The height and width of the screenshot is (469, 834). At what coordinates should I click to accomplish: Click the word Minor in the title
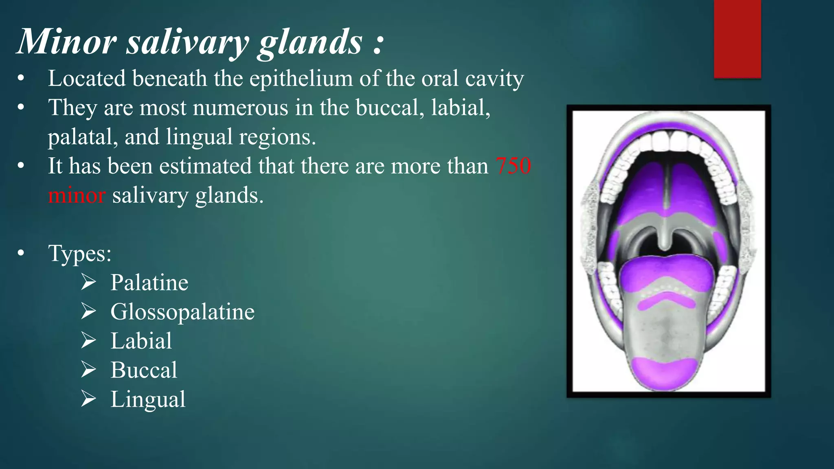67,42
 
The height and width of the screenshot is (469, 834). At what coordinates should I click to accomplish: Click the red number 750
513,166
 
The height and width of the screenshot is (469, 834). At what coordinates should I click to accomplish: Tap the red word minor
77,195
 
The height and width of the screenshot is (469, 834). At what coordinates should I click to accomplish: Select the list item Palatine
149,283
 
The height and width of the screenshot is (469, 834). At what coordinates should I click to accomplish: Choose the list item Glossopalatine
182,312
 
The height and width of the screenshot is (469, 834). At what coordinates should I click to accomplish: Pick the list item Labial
141,341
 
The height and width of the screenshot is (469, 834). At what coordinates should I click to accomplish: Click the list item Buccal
144,370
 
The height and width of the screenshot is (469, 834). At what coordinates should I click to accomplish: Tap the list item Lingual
148,399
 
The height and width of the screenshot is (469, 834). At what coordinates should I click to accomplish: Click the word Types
79,253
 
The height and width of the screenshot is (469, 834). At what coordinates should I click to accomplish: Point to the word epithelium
301,78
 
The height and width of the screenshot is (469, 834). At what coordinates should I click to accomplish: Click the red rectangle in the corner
737,39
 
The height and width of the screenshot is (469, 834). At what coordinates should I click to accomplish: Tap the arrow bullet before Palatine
88,283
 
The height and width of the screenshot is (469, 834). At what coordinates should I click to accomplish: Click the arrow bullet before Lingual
88,399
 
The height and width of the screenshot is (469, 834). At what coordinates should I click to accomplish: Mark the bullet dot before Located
21,79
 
